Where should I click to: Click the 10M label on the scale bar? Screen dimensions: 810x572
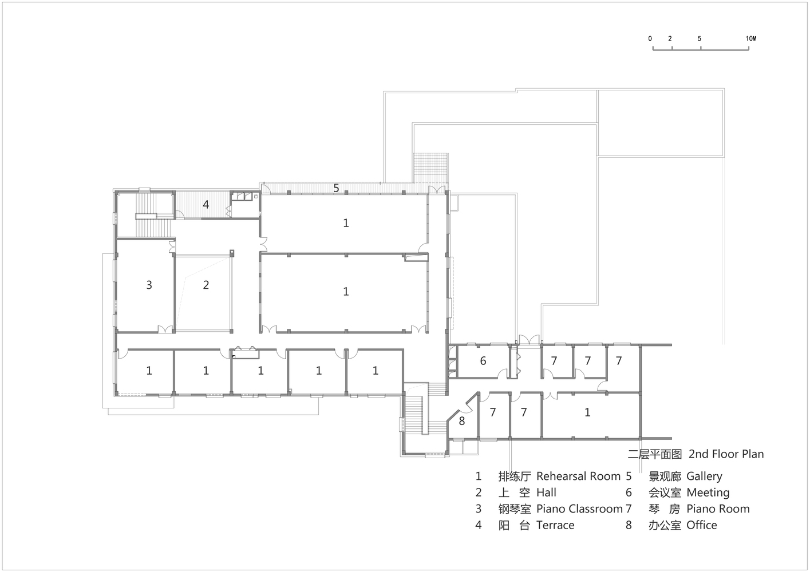pos(750,38)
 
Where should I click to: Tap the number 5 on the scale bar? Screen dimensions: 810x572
pos(700,38)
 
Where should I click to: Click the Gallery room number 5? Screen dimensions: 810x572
pos(336,188)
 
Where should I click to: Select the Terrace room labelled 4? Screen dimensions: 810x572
pos(206,205)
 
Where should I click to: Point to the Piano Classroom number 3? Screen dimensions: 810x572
pos(149,285)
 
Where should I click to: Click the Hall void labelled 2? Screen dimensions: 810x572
pos(206,285)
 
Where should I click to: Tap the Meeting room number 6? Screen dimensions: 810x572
pos(483,360)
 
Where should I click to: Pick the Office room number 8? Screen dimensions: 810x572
pos(462,421)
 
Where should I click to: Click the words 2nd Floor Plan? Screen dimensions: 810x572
pos(726,454)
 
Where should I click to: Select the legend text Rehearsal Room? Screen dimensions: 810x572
pos(579,476)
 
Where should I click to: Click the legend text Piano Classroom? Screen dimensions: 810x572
pos(580,509)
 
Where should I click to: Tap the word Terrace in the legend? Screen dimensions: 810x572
pos(555,525)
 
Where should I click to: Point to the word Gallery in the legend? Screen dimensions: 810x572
pos(705,476)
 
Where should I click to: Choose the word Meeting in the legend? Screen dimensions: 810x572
pos(708,493)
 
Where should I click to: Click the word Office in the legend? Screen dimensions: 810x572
pos(702,525)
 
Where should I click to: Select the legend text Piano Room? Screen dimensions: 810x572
pos(718,509)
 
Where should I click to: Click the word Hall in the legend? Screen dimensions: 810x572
pos(546,492)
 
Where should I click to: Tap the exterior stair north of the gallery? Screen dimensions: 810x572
pos(430,168)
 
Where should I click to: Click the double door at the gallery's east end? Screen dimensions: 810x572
pos(437,190)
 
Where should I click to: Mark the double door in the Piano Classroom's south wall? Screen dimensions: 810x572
pos(165,329)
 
